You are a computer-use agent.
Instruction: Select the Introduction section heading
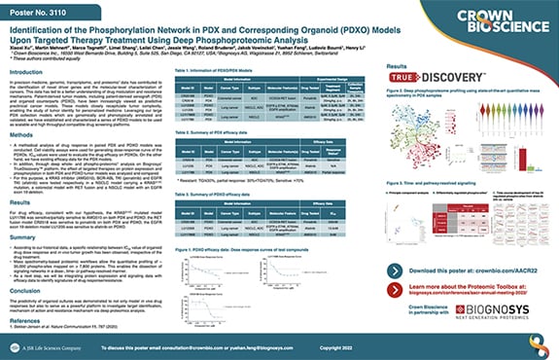pyautogui.click(x=26, y=71)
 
